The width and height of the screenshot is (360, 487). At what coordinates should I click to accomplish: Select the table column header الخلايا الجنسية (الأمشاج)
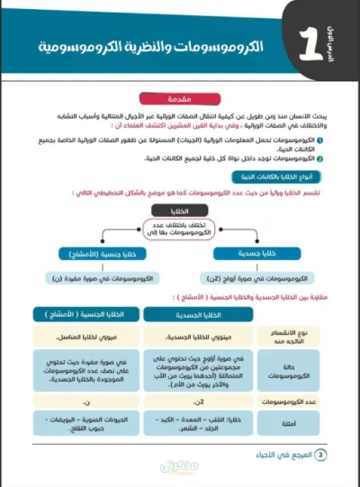(x=94, y=314)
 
